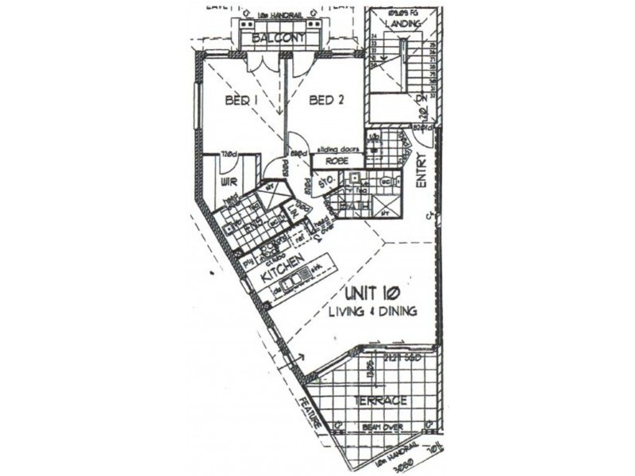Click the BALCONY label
(274, 37)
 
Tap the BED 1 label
(243, 101)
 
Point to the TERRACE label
(382, 401)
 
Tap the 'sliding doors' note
(339, 149)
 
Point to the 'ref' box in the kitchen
(301, 236)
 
